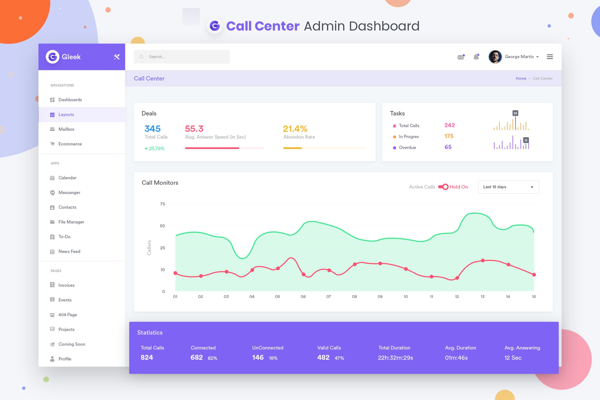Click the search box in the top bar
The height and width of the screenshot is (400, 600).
182,57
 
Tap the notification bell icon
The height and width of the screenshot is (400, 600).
476,57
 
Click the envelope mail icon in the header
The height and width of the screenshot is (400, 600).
461,57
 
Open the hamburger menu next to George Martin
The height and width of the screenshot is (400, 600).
550,57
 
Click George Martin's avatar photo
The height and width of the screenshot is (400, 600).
495,57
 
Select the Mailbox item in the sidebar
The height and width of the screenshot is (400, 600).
66,129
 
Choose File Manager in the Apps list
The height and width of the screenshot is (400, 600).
71,222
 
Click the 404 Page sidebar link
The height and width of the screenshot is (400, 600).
67,315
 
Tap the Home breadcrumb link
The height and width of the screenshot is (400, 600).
521,78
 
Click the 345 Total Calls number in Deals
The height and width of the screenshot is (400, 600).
153,129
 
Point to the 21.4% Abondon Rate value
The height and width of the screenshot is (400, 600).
295,129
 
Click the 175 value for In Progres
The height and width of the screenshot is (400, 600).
449,136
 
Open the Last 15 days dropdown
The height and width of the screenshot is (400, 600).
508,187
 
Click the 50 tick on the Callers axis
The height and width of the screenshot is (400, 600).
162,226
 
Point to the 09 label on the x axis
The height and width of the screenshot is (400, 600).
380,297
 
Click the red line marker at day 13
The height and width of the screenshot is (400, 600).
483,261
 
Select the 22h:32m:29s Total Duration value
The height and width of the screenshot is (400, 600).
395,358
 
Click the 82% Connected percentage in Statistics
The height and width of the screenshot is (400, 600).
212,358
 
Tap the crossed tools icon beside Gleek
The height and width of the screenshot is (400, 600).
117,57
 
